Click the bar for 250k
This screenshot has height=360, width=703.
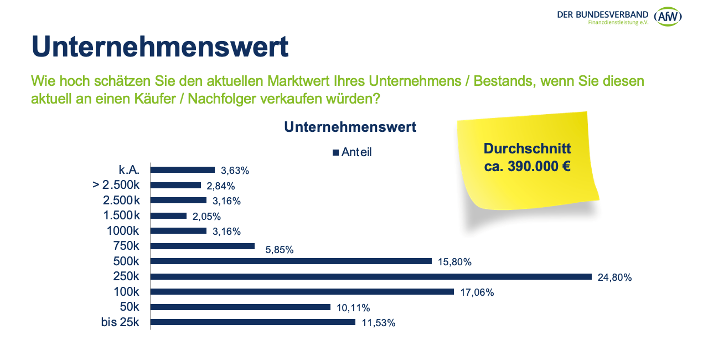coord(371,276)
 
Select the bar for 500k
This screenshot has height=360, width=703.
coord(291,261)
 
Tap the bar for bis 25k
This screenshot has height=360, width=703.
coord(252,322)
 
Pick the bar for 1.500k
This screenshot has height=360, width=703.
coord(168,215)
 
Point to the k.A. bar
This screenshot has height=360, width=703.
coord(182,170)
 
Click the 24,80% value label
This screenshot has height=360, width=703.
coord(614,277)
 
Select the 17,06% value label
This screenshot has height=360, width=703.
coord(477,292)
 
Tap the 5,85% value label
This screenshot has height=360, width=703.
coord(279,250)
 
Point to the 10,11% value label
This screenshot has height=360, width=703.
coord(353,308)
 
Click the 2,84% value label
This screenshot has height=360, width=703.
coord(220,186)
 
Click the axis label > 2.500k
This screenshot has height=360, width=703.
coord(116,185)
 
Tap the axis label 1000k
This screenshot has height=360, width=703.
coord(122,231)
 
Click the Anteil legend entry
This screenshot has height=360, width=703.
coord(352,152)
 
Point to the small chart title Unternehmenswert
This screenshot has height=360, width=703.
coord(350,127)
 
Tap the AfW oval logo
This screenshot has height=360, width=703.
coord(668,17)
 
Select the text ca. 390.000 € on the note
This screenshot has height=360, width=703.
coord(527,166)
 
